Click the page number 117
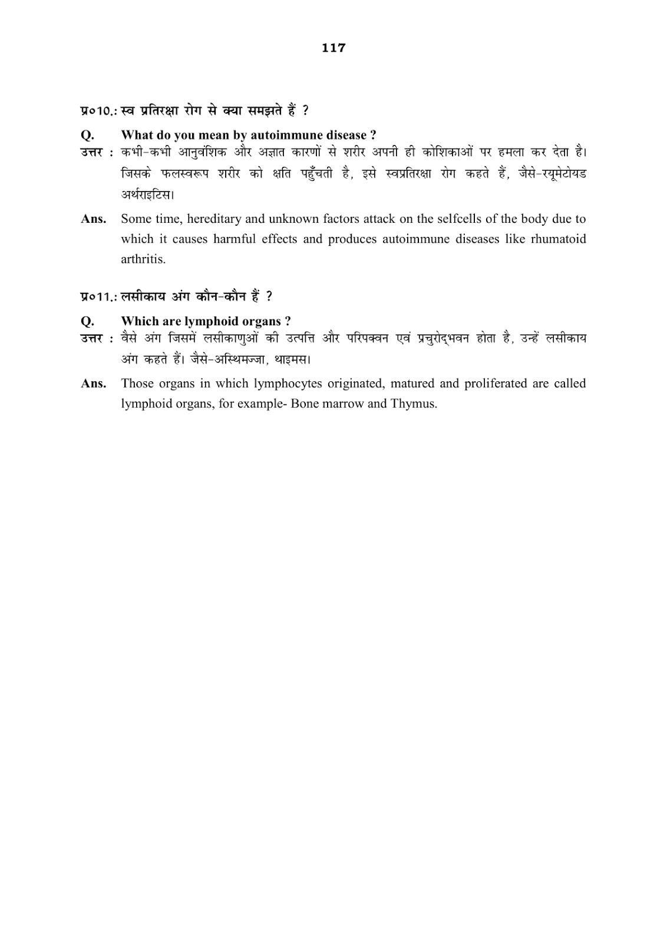coord(333,48)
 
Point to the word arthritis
coord(143,259)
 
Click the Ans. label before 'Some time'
coord(94,219)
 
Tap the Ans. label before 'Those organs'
coord(94,384)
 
